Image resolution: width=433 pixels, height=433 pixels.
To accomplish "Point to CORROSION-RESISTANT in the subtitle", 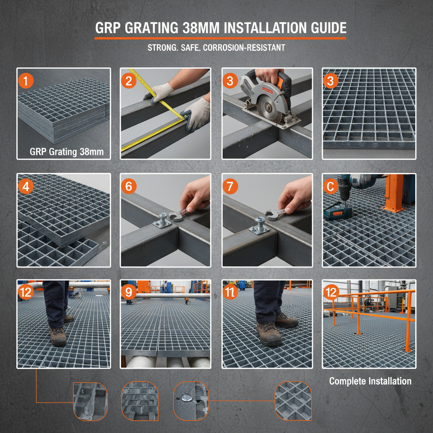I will pos(244,47).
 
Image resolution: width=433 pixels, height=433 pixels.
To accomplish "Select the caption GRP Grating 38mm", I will pos(66,152).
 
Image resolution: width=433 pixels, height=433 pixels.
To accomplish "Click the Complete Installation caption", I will pos(370,381).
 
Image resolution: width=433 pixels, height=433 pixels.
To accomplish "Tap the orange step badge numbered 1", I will pos(26,81).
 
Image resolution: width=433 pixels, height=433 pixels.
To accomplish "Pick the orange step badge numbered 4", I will pos(26,186).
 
